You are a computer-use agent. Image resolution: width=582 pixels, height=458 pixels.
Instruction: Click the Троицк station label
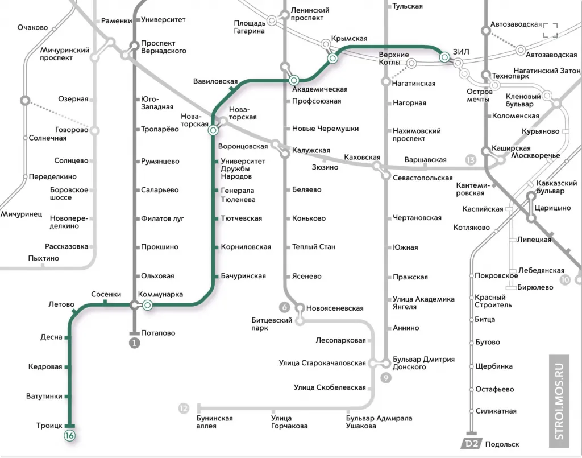[x=49, y=426]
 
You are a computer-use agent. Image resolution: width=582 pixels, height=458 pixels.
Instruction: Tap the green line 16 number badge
[x=70, y=436]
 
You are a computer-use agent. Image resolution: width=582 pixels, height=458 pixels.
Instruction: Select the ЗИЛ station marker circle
[x=444, y=56]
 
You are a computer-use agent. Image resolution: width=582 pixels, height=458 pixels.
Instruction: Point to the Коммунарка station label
[x=161, y=294]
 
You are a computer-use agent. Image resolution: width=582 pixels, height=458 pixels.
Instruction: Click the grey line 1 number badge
[x=134, y=343]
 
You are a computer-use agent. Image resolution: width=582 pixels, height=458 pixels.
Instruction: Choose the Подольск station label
[x=502, y=444]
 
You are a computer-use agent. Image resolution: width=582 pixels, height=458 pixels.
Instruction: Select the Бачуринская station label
[x=243, y=276]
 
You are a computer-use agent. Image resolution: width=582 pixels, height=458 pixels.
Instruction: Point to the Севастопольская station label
[x=423, y=178]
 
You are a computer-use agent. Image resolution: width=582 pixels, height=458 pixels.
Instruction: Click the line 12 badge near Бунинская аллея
[x=183, y=408]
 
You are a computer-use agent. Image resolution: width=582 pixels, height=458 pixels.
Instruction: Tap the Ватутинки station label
[x=44, y=396]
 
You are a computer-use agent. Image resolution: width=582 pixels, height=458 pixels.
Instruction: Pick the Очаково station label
[x=32, y=27]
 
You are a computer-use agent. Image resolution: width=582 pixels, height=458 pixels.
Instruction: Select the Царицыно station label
[x=551, y=208]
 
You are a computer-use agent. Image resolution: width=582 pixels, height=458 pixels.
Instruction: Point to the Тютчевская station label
[x=242, y=218]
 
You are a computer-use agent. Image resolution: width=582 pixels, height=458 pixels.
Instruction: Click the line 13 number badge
[x=470, y=160]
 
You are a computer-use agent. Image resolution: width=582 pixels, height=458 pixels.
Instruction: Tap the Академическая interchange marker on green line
[x=294, y=80]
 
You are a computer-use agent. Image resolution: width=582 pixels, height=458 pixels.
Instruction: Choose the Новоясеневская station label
[x=335, y=308]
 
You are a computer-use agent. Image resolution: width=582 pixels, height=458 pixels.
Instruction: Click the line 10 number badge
[x=565, y=279]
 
